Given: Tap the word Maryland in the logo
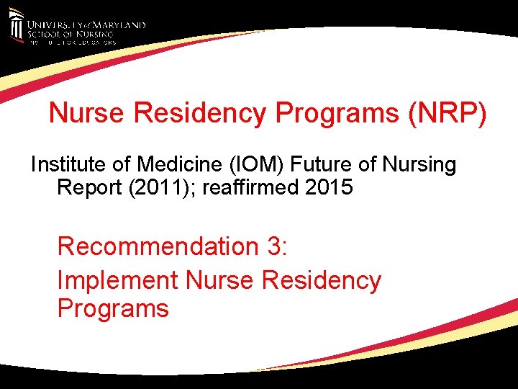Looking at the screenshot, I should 119,24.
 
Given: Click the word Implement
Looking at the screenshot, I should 117,280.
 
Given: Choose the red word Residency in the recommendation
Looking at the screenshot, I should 322,280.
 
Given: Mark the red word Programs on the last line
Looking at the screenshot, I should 113,308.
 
